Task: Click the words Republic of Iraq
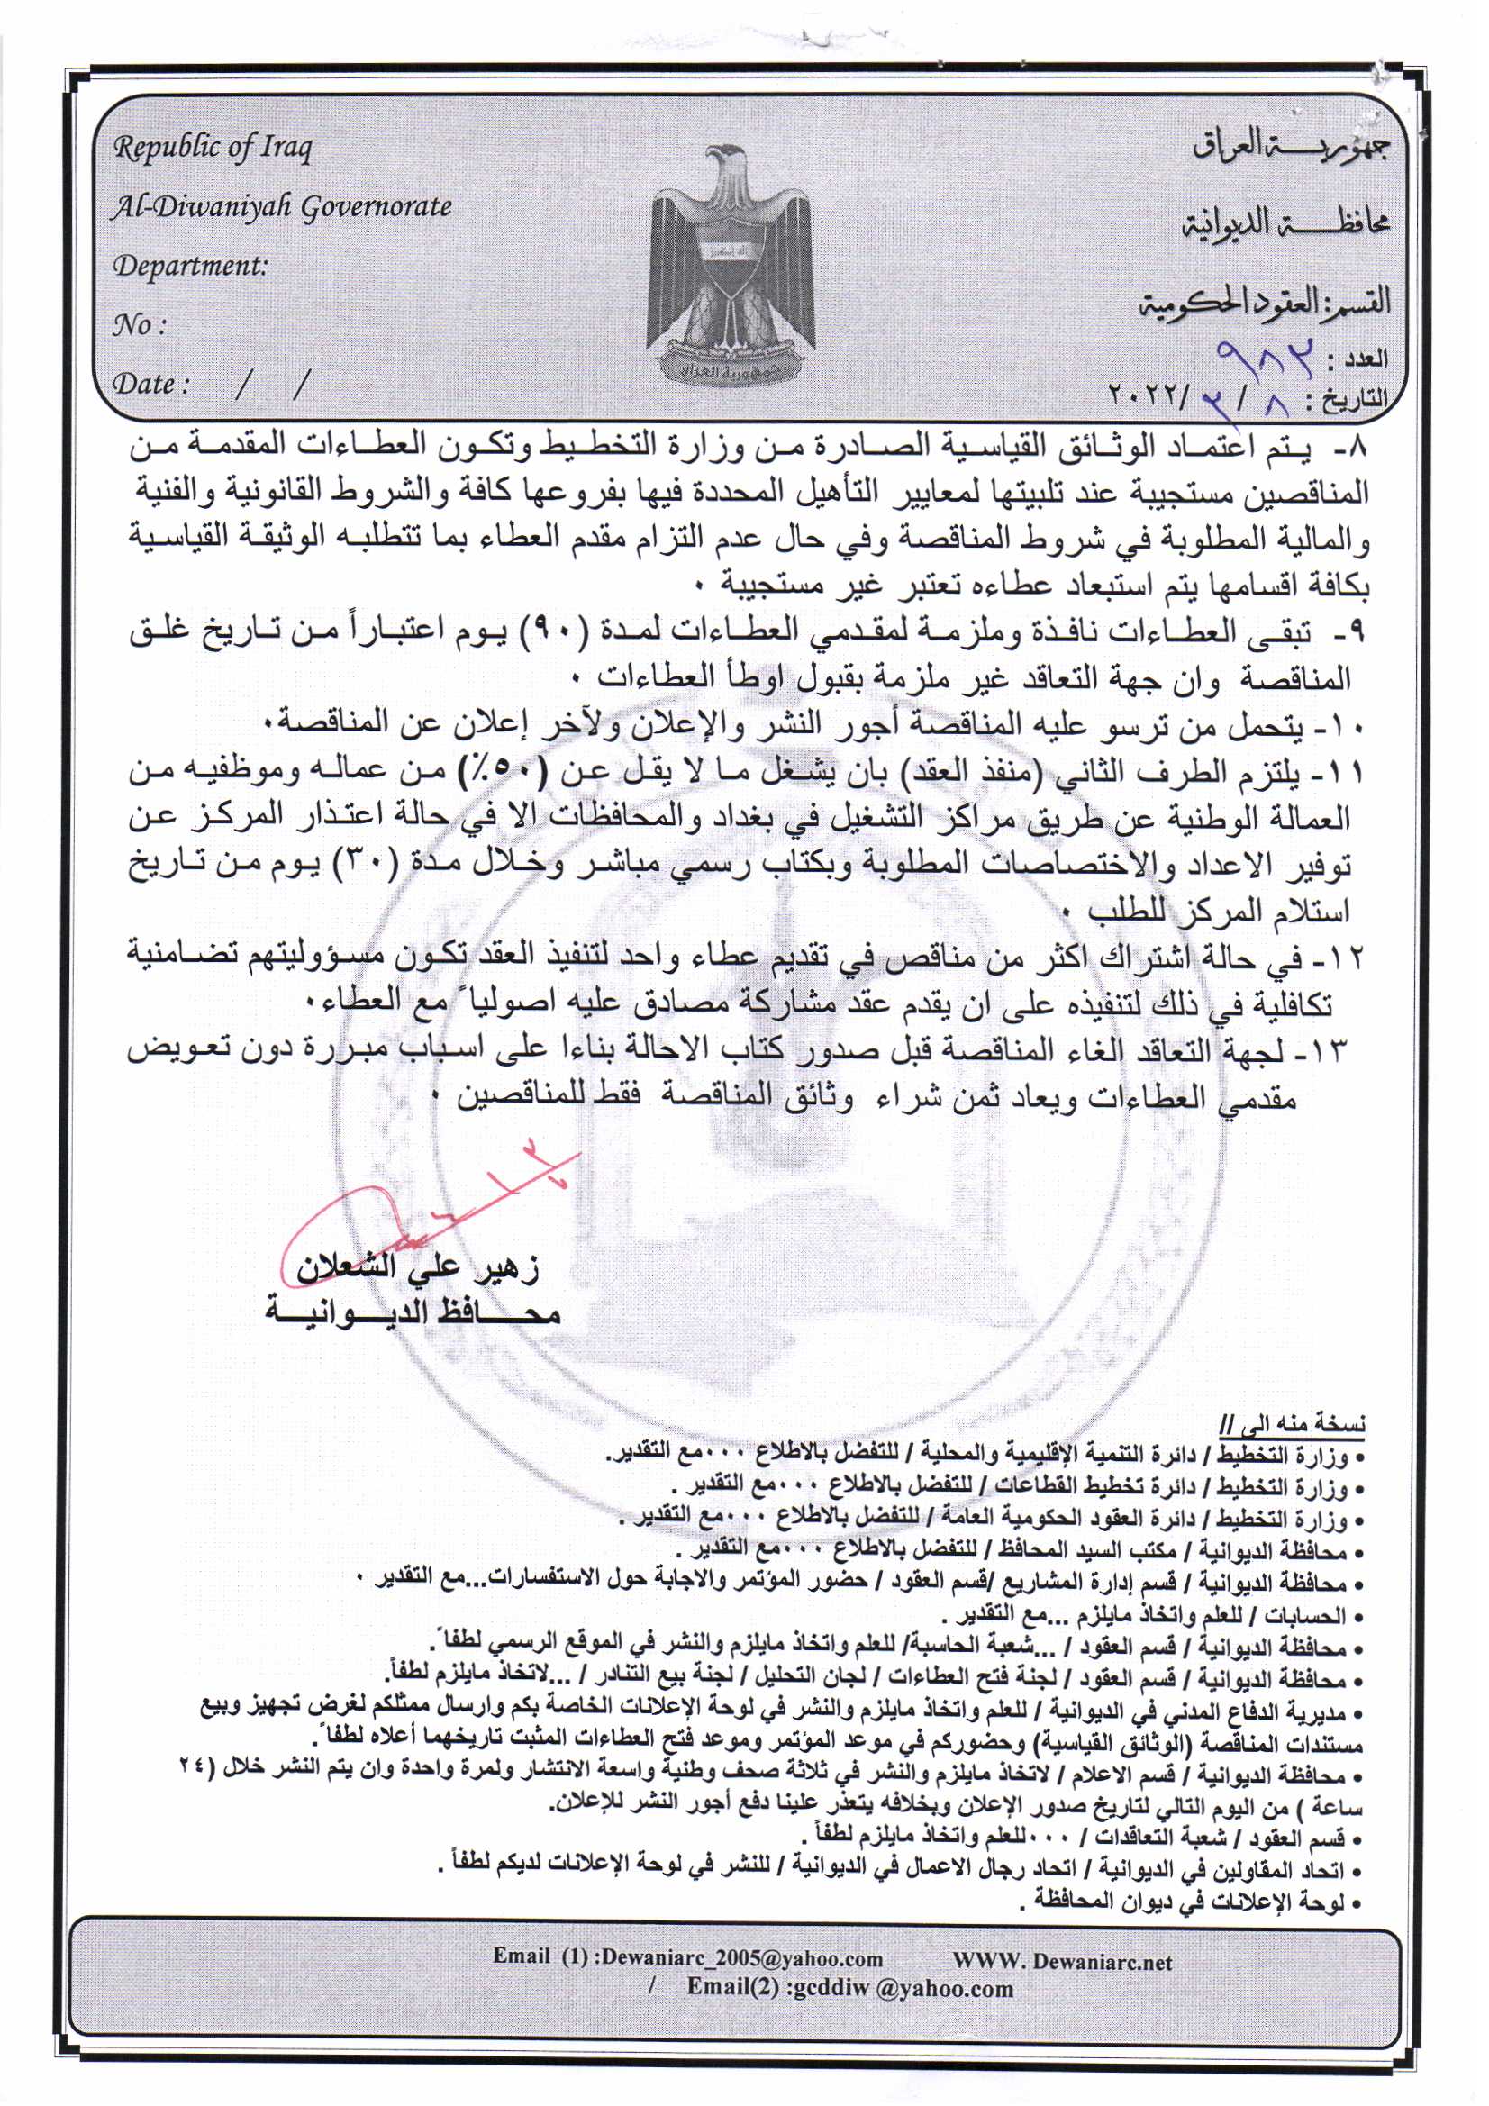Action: click(x=212, y=148)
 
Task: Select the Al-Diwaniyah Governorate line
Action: click(x=282, y=207)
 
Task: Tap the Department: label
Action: click(x=190, y=266)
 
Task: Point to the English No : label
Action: click(x=139, y=325)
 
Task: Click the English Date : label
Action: click(x=150, y=384)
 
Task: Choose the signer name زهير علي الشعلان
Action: click(x=417, y=1268)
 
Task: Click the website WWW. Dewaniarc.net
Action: click(x=1062, y=1961)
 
